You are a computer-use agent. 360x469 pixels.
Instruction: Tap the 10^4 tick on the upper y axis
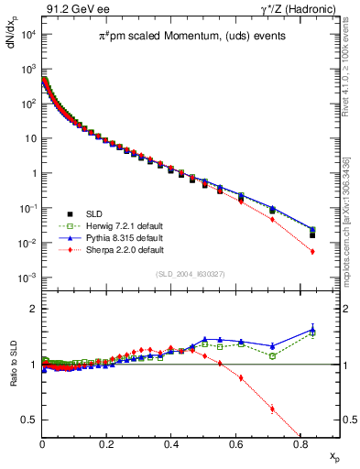[27, 35]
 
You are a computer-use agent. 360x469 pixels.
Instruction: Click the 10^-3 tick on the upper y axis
[27, 278]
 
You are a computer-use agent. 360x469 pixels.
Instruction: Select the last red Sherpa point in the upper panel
[312, 251]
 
